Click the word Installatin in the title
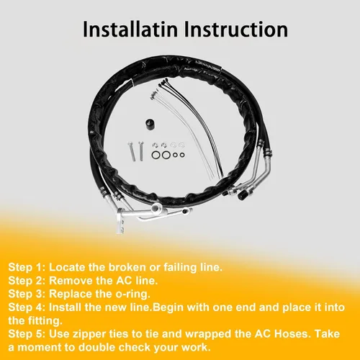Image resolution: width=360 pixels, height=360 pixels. click(x=130, y=30)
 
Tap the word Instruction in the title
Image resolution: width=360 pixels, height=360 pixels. click(x=236, y=30)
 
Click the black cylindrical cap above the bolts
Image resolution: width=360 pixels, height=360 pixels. click(x=150, y=124)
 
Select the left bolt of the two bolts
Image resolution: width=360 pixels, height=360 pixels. click(x=131, y=151)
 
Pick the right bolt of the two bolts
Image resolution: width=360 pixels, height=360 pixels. click(x=140, y=151)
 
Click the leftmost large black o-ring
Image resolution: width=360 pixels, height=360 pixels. click(x=156, y=155)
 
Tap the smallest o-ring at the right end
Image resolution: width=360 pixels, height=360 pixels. click(x=182, y=155)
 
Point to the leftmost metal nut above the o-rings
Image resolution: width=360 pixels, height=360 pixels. click(x=155, y=145)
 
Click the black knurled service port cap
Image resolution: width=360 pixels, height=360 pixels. click(x=242, y=195)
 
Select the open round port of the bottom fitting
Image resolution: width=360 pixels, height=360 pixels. click(x=156, y=207)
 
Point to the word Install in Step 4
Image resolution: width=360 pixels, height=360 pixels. click(x=65, y=307)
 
